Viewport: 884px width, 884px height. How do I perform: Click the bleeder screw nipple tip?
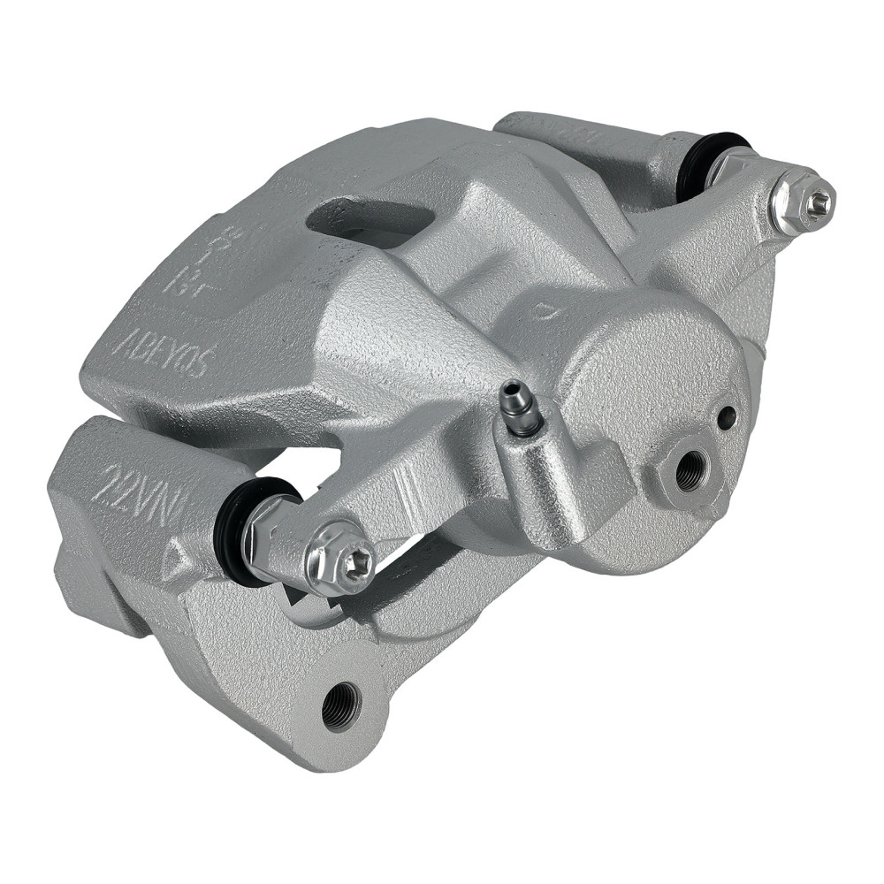[x=510, y=391]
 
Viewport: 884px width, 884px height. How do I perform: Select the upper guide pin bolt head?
[x=802, y=202]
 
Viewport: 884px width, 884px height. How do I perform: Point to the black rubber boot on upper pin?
[x=698, y=164]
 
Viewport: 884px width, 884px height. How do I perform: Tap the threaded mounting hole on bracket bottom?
[x=341, y=705]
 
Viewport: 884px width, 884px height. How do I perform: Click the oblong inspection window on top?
[x=371, y=216]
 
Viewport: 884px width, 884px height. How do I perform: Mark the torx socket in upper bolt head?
[x=818, y=202]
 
